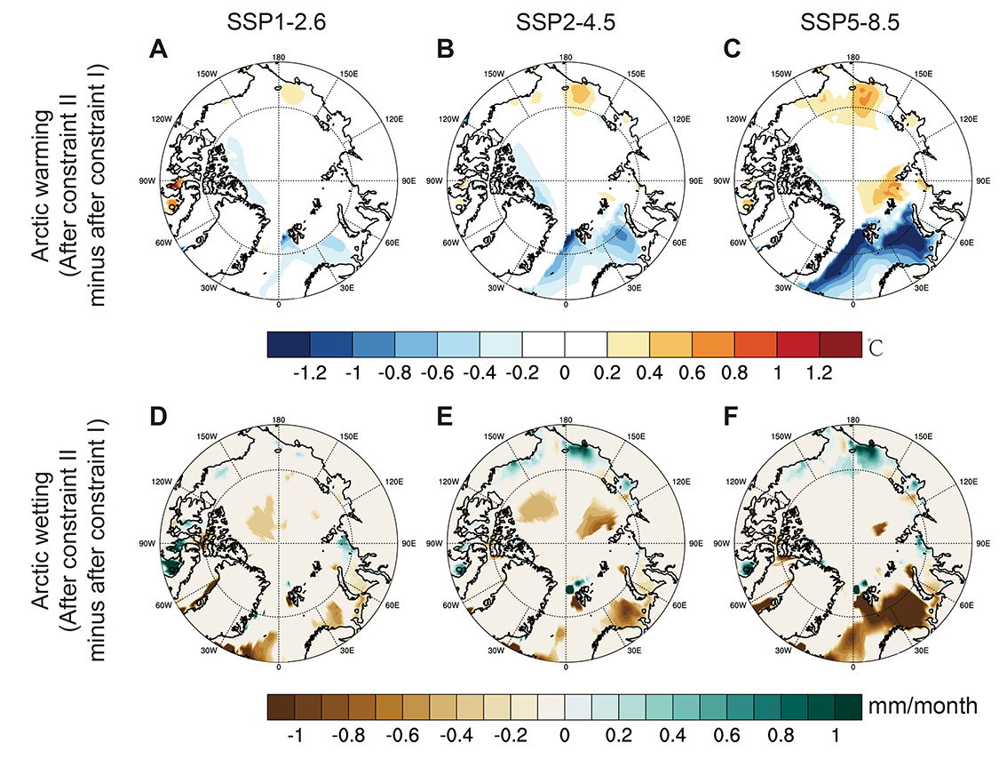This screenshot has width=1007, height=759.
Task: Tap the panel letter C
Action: click(x=733, y=50)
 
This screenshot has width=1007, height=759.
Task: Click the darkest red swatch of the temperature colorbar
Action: click(x=840, y=343)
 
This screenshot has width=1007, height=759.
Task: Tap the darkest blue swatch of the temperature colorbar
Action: click(x=288, y=343)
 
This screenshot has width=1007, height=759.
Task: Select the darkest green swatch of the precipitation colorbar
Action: click(x=849, y=707)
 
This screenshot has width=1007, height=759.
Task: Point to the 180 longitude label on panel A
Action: click(x=280, y=56)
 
